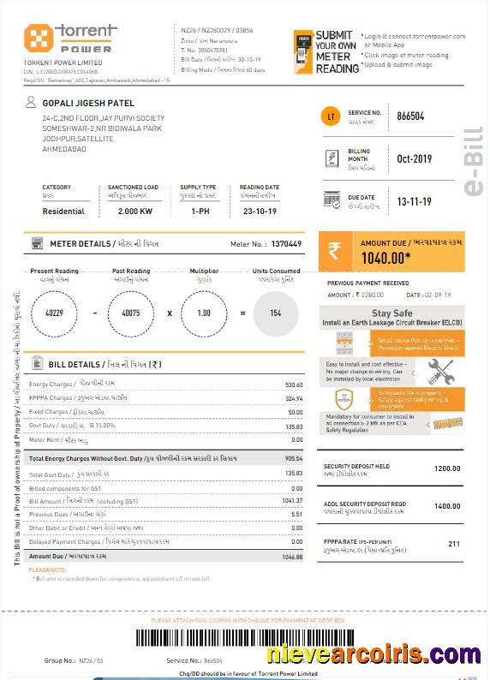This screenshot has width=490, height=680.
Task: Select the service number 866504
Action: pyautogui.click(x=410, y=116)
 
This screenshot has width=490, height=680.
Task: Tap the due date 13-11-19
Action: pyautogui.click(x=414, y=201)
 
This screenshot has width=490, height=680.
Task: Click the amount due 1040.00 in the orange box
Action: pyautogui.click(x=386, y=256)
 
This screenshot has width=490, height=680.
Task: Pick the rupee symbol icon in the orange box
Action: pyautogui.click(x=334, y=252)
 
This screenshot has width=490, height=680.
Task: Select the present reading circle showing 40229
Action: pyautogui.click(x=54, y=313)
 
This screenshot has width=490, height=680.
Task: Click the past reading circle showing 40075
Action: pyautogui.click(x=131, y=313)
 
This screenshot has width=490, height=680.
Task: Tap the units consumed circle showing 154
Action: pyautogui.click(x=276, y=313)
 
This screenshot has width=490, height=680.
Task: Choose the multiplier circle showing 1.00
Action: pyautogui.click(x=204, y=313)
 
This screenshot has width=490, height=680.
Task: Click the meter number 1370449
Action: pyautogui.click(x=286, y=244)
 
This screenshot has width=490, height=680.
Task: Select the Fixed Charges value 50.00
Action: pyautogui.click(x=296, y=412)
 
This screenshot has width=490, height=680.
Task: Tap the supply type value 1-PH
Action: pyautogui.click(x=200, y=211)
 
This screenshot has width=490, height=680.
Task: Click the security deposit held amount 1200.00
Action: pyautogui.click(x=447, y=468)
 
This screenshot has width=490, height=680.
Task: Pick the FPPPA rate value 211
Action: pyautogui.click(x=454, y=544)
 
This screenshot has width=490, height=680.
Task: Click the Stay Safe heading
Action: pyautogui.click(x=392, y=313)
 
